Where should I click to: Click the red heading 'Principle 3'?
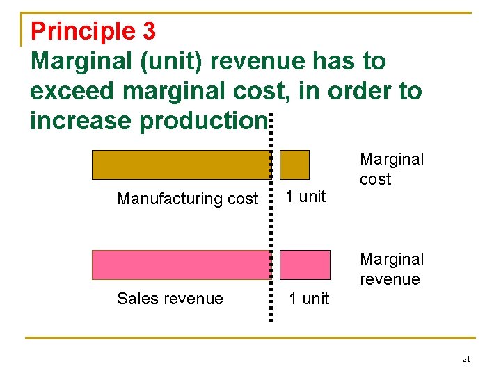pos(93,31)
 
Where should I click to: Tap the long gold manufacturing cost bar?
pos(181,165)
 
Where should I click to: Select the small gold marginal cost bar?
pos(294,165)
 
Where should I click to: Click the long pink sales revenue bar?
pos(181,265)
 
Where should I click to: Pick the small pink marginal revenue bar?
pos(305,265)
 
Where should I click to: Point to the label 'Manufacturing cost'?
pos(187,199)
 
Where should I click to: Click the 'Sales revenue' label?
pos(170,299)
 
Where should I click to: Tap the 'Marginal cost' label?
pos(391,169)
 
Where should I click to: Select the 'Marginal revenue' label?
pos(391,269)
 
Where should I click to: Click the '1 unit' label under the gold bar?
pos(306,197)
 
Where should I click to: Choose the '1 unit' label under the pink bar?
pos(309,299)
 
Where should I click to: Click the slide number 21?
pos(466,359)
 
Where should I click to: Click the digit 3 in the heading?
pos(148,31)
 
